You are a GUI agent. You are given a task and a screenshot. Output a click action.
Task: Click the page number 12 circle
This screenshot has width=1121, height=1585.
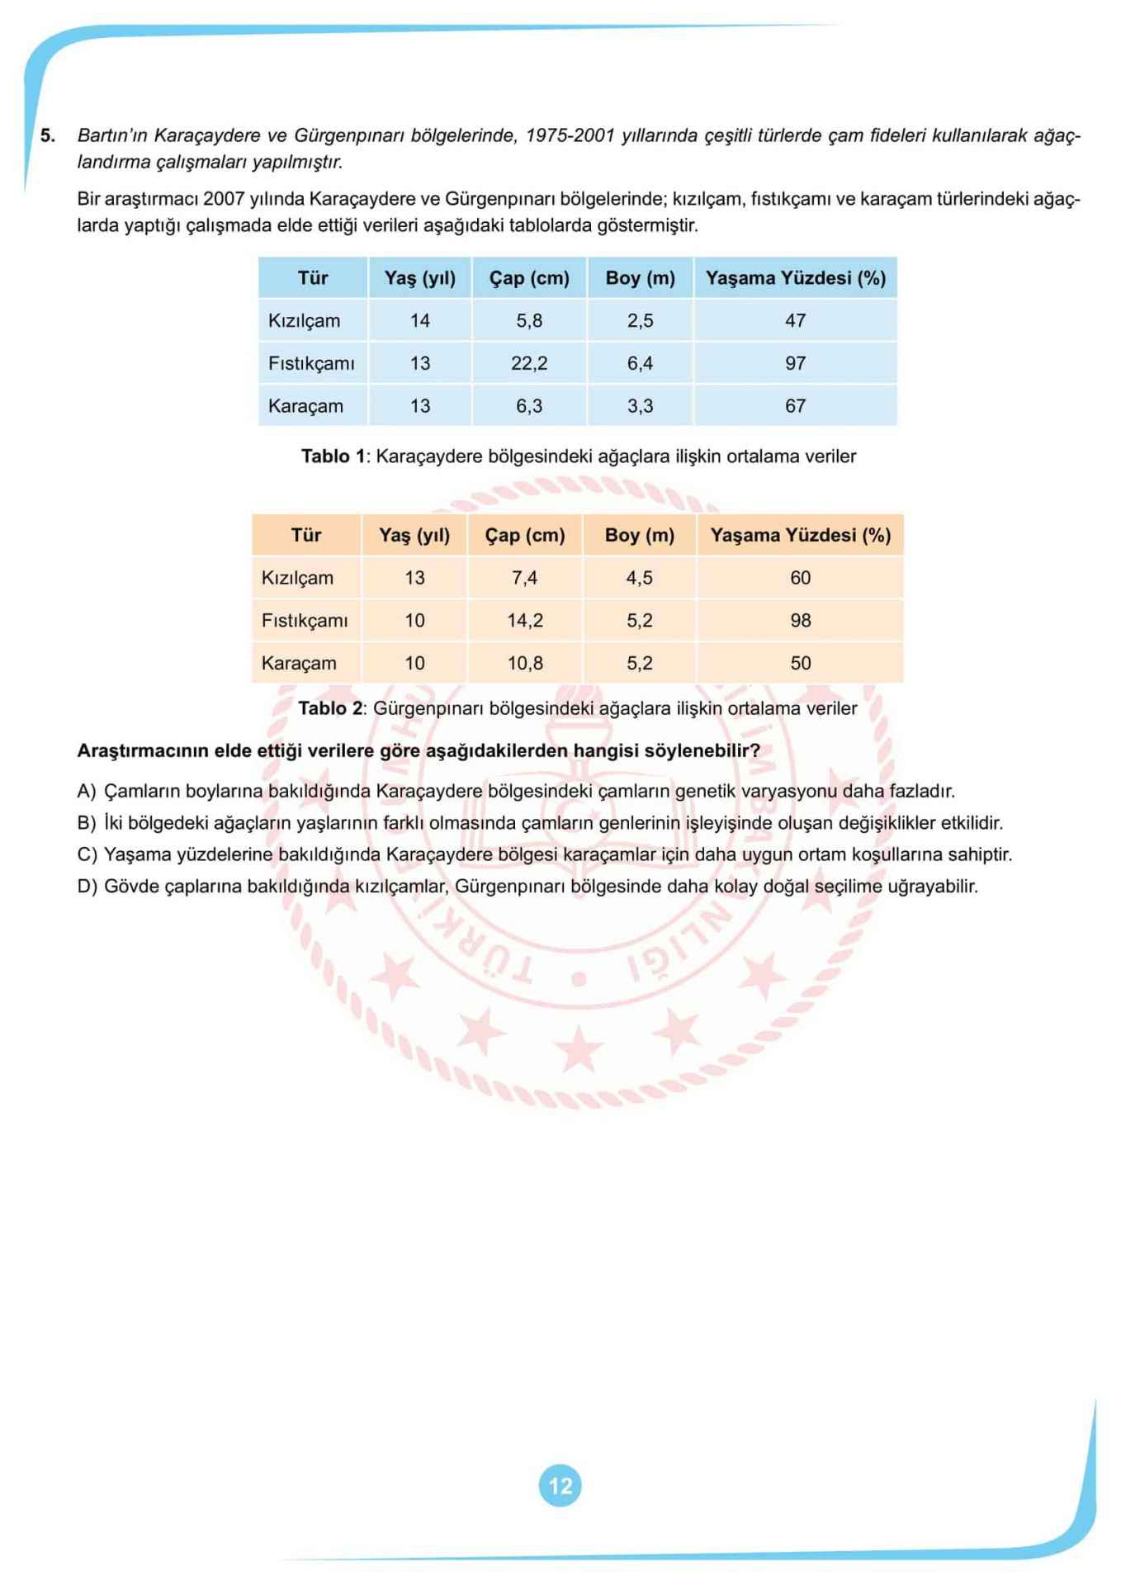(560, 1486)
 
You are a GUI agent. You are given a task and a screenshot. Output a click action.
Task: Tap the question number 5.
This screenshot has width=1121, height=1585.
(48, 135)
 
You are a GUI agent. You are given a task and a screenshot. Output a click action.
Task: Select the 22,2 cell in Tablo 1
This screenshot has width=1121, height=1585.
(529, 363)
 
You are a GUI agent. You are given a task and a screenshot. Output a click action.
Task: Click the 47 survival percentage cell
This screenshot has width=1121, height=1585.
(795, 320)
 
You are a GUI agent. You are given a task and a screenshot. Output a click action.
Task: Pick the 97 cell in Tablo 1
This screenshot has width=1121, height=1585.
(795, 363)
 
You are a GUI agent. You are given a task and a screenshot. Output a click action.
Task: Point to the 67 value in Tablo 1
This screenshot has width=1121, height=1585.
(795, 406)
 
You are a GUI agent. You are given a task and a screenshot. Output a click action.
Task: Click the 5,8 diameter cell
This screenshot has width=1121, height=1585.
(529, 320)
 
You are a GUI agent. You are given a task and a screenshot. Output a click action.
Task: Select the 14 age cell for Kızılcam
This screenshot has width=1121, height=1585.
(420, 320)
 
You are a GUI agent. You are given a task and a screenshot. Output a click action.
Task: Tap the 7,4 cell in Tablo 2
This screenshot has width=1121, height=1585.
(524, 578)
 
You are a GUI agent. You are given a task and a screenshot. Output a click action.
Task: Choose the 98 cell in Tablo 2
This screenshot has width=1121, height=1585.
(800, 621)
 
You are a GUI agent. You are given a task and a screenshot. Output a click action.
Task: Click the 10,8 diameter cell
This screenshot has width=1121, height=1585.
(524, 663)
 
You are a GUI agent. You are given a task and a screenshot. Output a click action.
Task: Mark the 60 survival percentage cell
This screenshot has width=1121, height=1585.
(800, 578)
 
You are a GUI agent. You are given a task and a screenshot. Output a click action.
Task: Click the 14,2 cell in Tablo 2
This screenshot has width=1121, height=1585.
(524, 621)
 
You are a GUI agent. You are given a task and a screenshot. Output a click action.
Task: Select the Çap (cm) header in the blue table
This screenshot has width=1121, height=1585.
(529, 278)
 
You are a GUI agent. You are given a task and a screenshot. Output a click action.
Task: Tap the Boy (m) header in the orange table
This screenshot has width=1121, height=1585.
(640, 535)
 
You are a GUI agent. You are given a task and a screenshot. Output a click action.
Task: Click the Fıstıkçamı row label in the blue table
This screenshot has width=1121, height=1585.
(311, 363)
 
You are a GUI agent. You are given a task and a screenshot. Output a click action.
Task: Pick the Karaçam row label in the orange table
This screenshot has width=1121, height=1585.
(299, 663)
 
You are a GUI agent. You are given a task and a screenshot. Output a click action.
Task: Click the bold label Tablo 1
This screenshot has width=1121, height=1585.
(333, 457)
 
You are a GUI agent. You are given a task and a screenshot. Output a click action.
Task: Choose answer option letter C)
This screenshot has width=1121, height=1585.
(87, 854)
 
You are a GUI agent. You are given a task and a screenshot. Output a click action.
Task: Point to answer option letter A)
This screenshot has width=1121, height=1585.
(87, 791)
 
